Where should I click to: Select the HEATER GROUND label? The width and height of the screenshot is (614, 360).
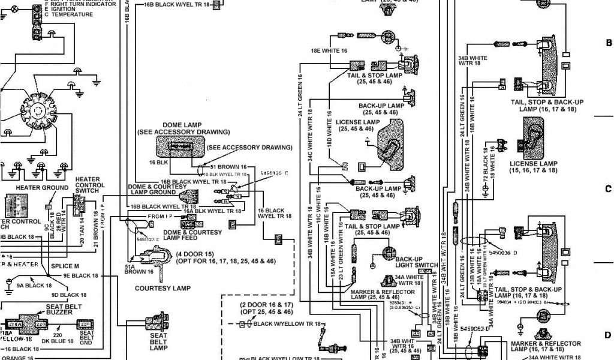(x=42, y=188)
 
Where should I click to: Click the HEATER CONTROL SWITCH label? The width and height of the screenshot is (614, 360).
(x=89, y=185)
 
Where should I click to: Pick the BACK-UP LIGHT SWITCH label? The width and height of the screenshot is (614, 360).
(x=416, y=262)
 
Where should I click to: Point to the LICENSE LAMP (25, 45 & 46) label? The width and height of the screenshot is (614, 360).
(x=357, y=125)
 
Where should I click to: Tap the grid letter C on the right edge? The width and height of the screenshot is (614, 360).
(x=608, y=189)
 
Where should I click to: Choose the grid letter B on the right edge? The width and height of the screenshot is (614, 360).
(x=608, y=43)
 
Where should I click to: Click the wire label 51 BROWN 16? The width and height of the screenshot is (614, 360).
(x=228, y=166)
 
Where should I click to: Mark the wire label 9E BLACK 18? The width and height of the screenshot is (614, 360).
(x=80, y=275)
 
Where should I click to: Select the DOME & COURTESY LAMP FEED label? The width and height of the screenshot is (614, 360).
(x=201, y=235)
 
